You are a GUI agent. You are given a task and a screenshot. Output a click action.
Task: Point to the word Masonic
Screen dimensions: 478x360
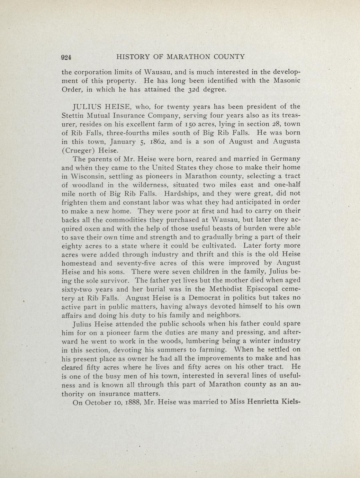(282, 81)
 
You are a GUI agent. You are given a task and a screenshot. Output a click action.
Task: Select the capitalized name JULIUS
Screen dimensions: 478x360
(87, 107)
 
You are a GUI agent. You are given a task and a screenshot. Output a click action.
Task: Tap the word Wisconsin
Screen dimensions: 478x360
(89, 176)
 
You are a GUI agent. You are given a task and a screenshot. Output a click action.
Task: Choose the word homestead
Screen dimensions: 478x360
(79, 263)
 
